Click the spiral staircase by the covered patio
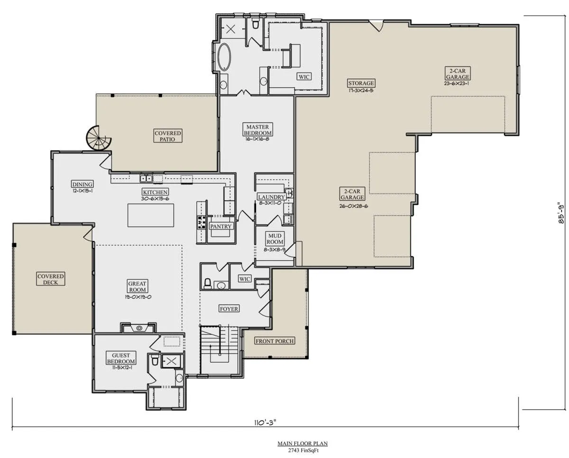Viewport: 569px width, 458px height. (98, 138)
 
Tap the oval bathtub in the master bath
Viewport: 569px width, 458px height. (224, 57)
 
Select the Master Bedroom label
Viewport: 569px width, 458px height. (257, 130)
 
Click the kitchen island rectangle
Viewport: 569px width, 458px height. (151, 215)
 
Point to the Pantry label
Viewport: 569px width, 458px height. (221, 226)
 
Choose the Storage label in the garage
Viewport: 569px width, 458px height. (361, 83)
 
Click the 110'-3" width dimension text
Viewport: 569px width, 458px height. (265, 422)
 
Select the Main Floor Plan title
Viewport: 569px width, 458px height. (303, 443)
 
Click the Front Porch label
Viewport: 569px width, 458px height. (275, 341)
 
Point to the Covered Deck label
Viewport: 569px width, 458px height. (51, 279)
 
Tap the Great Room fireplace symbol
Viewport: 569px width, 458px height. (139, 328)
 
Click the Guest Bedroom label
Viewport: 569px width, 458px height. (121, 358)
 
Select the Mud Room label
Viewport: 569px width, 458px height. (275, 239)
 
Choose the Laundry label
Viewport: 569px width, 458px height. (271, 197)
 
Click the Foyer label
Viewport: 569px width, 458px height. (229, 309)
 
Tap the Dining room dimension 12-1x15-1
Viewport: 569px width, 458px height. (83, 191)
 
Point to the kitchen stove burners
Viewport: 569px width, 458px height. (202, 222)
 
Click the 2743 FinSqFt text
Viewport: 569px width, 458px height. (303, 450)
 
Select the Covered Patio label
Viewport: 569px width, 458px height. (168, 136)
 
